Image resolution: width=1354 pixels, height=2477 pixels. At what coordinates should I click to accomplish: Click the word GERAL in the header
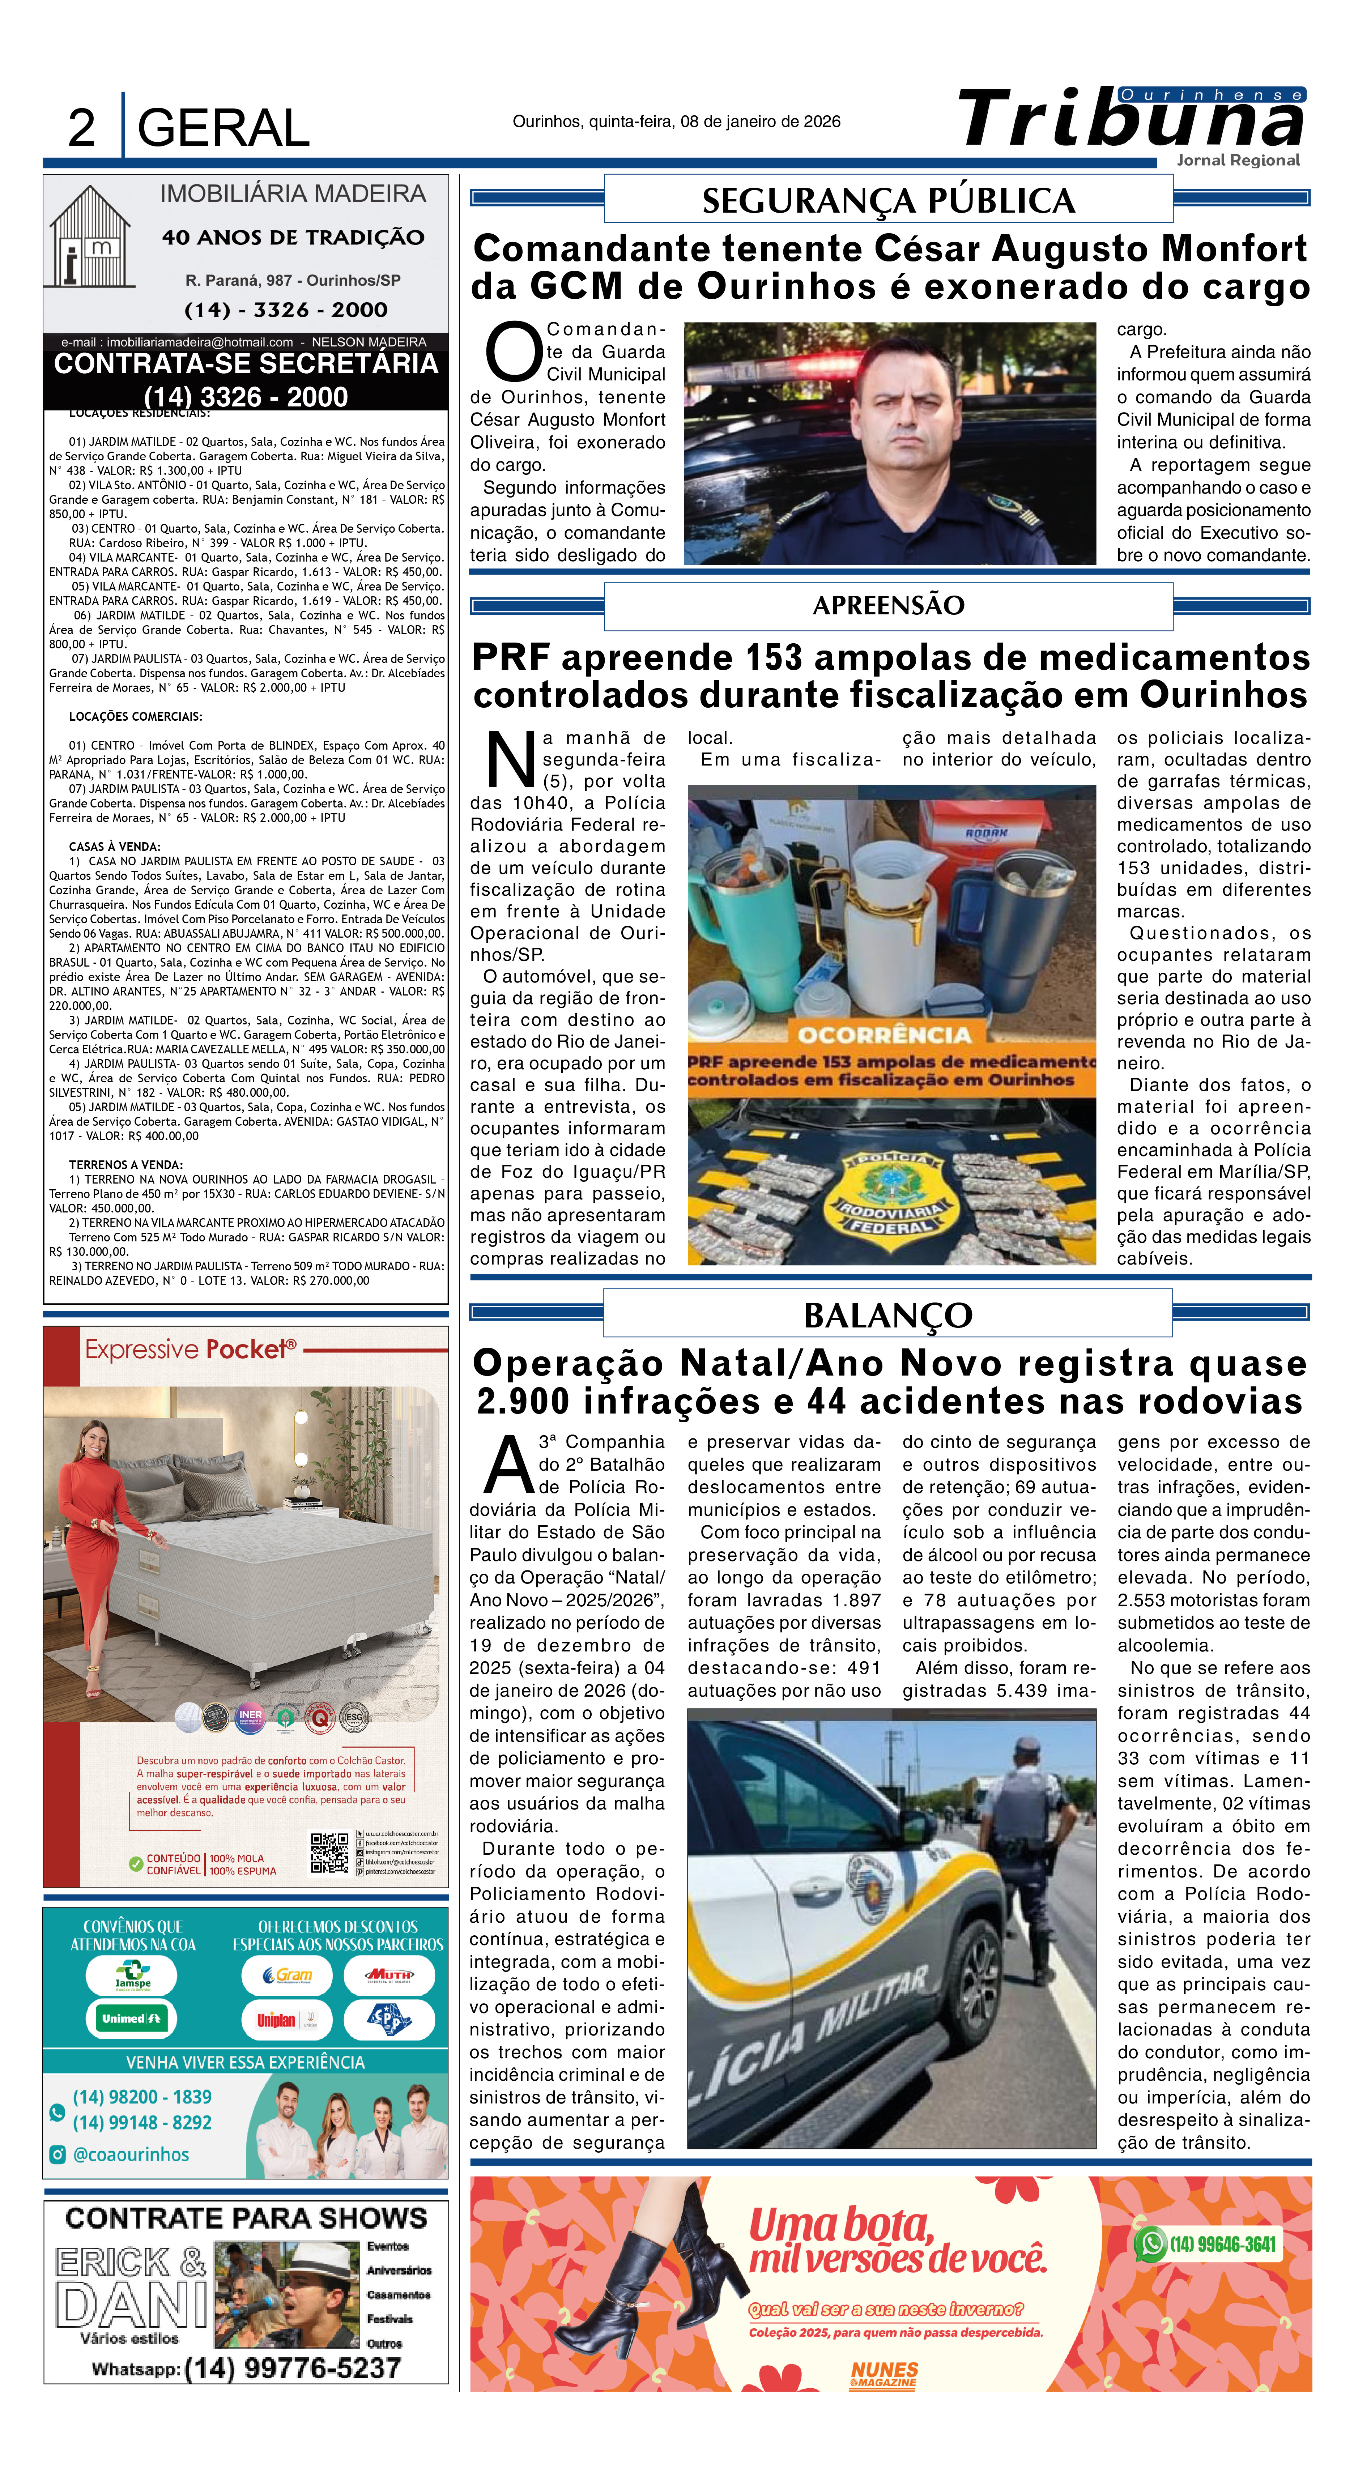pyautogui.click(x=223, y=128)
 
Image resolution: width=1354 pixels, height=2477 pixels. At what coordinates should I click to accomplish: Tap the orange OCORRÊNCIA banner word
pyautogui.click(x=884, y=1035)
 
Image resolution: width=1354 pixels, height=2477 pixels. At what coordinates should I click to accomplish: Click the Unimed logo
pyautogui.click(x=132, y=2018)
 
